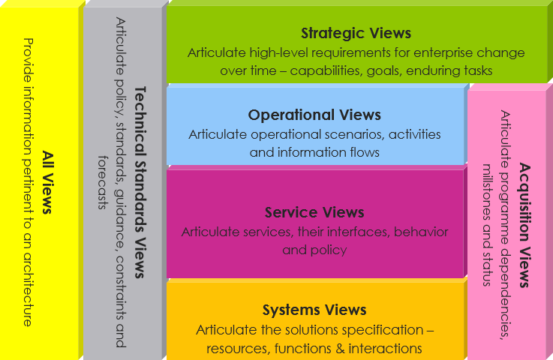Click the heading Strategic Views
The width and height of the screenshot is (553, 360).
pyautogui.click(x=356, y=33)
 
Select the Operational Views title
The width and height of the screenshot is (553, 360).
pyautogui.click(x=314, y=115)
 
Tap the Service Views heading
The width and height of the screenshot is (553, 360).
pyautogui.click(x=314, y=212)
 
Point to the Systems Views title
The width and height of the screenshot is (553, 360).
pyautogui.click(x=314, y=310)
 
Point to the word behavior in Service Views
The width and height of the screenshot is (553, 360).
pyautogui.click(x=421, y=232)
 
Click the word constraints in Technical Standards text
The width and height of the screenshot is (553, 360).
pyautogui.click(x=120, y=293)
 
